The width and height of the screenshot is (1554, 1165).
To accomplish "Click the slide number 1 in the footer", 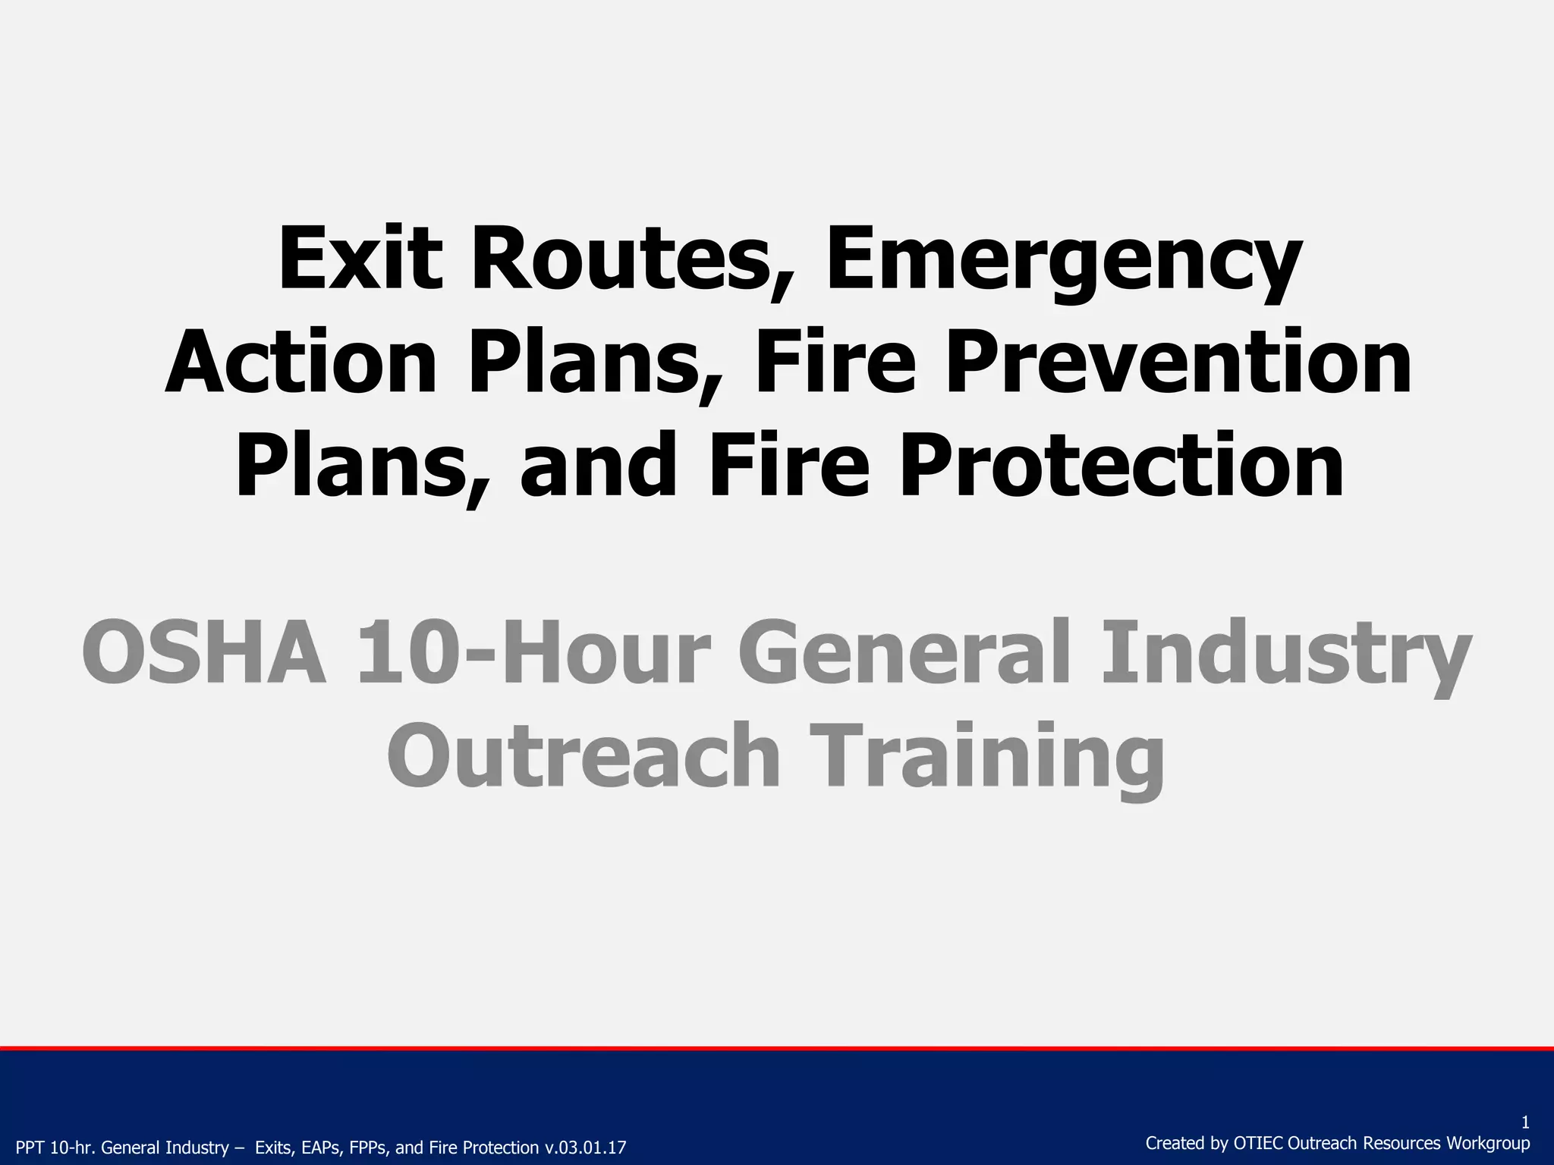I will click(1525, 1123).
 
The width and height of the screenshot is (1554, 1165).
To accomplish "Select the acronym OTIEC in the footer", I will click(1259, 1143).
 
